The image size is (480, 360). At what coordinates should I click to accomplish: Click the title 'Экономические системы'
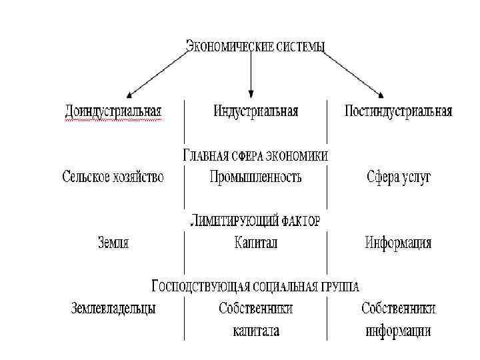pyautogui.click(x=255, y=46)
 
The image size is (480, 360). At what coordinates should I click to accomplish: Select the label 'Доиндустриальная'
pyautogui.click(x=114, y=111)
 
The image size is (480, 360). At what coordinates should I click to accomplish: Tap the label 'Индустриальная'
pyautogui.click(x=256, y=111)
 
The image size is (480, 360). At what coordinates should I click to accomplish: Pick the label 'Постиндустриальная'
pyautogui.click(x=398, y=111)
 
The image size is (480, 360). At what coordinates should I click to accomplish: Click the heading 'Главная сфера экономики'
pyautogui.click(x=255, y=156)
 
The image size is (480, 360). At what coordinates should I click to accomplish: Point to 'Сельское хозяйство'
pyautogui.click(x=113, y=177)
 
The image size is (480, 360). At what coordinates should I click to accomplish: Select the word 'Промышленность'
pyautogui.click(x=255, y=177)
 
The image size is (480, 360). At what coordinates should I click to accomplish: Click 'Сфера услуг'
pyautogui.click(x=399, y=177)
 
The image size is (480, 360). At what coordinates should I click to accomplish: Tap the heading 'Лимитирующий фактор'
pyautogui.click(x=255, y=221)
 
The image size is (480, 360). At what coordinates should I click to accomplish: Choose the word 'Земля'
pyautogui.click(x=113, y=243)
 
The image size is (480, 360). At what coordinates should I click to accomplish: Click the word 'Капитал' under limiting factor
pyautogui.click(x=255, y=243)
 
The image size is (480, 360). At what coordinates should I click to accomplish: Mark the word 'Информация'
pyautogui.click(x=398, y=243)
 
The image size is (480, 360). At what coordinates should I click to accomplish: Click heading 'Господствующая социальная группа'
pyautogui.click(x=255, y=287)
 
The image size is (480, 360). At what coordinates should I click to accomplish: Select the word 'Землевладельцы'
pyautogui.click(x=113, y=308)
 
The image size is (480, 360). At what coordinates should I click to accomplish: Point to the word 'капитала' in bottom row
pyautogui.click(x=256, y=331)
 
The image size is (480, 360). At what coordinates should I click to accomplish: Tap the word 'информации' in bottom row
pyautogui.click(x=398, y=331)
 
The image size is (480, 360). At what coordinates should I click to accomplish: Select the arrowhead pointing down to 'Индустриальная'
pyautogui.click(x=251, y=94)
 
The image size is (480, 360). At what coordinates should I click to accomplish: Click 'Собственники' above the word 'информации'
pyautogui.click(x=399, y=308)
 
